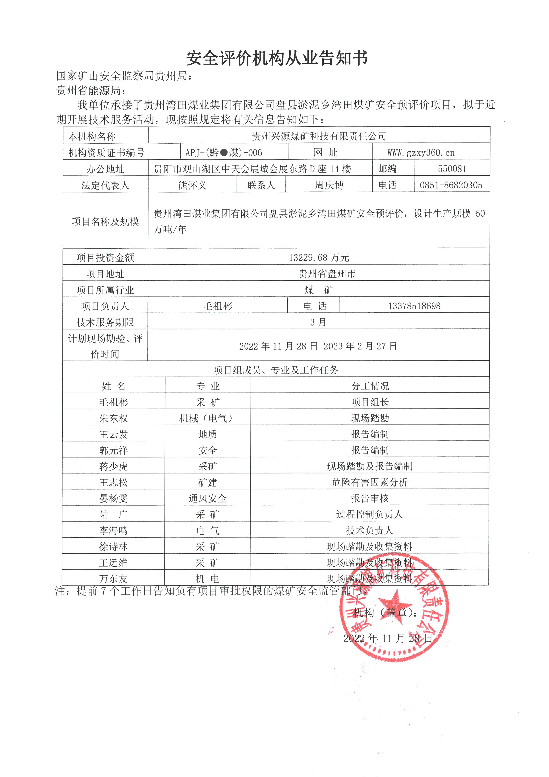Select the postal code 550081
[452, 169]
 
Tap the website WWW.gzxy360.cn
[421, 153]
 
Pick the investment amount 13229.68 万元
[319, 257]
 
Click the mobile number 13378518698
[414, 306]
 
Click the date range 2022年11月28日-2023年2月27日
[318, 346]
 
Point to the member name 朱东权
[114, 418]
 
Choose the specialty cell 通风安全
[208, 498]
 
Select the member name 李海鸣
[113, 530]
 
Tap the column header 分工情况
[370, 386]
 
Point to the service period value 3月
[318, 322]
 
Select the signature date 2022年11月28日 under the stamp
[387, 638]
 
